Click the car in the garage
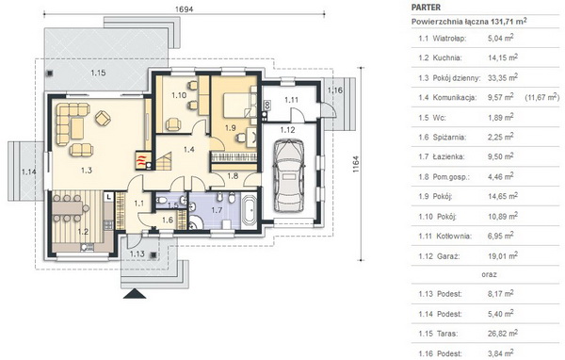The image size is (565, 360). pos(289,175)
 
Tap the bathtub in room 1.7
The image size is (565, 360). pos(249,209)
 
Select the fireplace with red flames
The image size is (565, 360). pos(142,160)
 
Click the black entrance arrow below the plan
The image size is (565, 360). pos(135,294)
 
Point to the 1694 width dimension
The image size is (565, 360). pos(185,9)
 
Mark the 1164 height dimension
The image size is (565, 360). pos(356,164)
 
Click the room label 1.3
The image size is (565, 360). pos(87,171)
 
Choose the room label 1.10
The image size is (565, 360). pos(179,95)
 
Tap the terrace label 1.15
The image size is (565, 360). pos(98,73)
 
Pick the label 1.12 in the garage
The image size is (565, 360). pos(287,130)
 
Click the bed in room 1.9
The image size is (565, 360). pos(238,106)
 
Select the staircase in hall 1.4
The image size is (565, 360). pos(163,161)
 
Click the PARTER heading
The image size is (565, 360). pos(426,8)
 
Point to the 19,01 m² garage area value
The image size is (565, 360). pos(503,255)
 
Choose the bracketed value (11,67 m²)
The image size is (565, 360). pos(542,97)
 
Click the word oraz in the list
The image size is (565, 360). pos(489,274)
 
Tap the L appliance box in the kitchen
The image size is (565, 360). pos(109,197)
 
